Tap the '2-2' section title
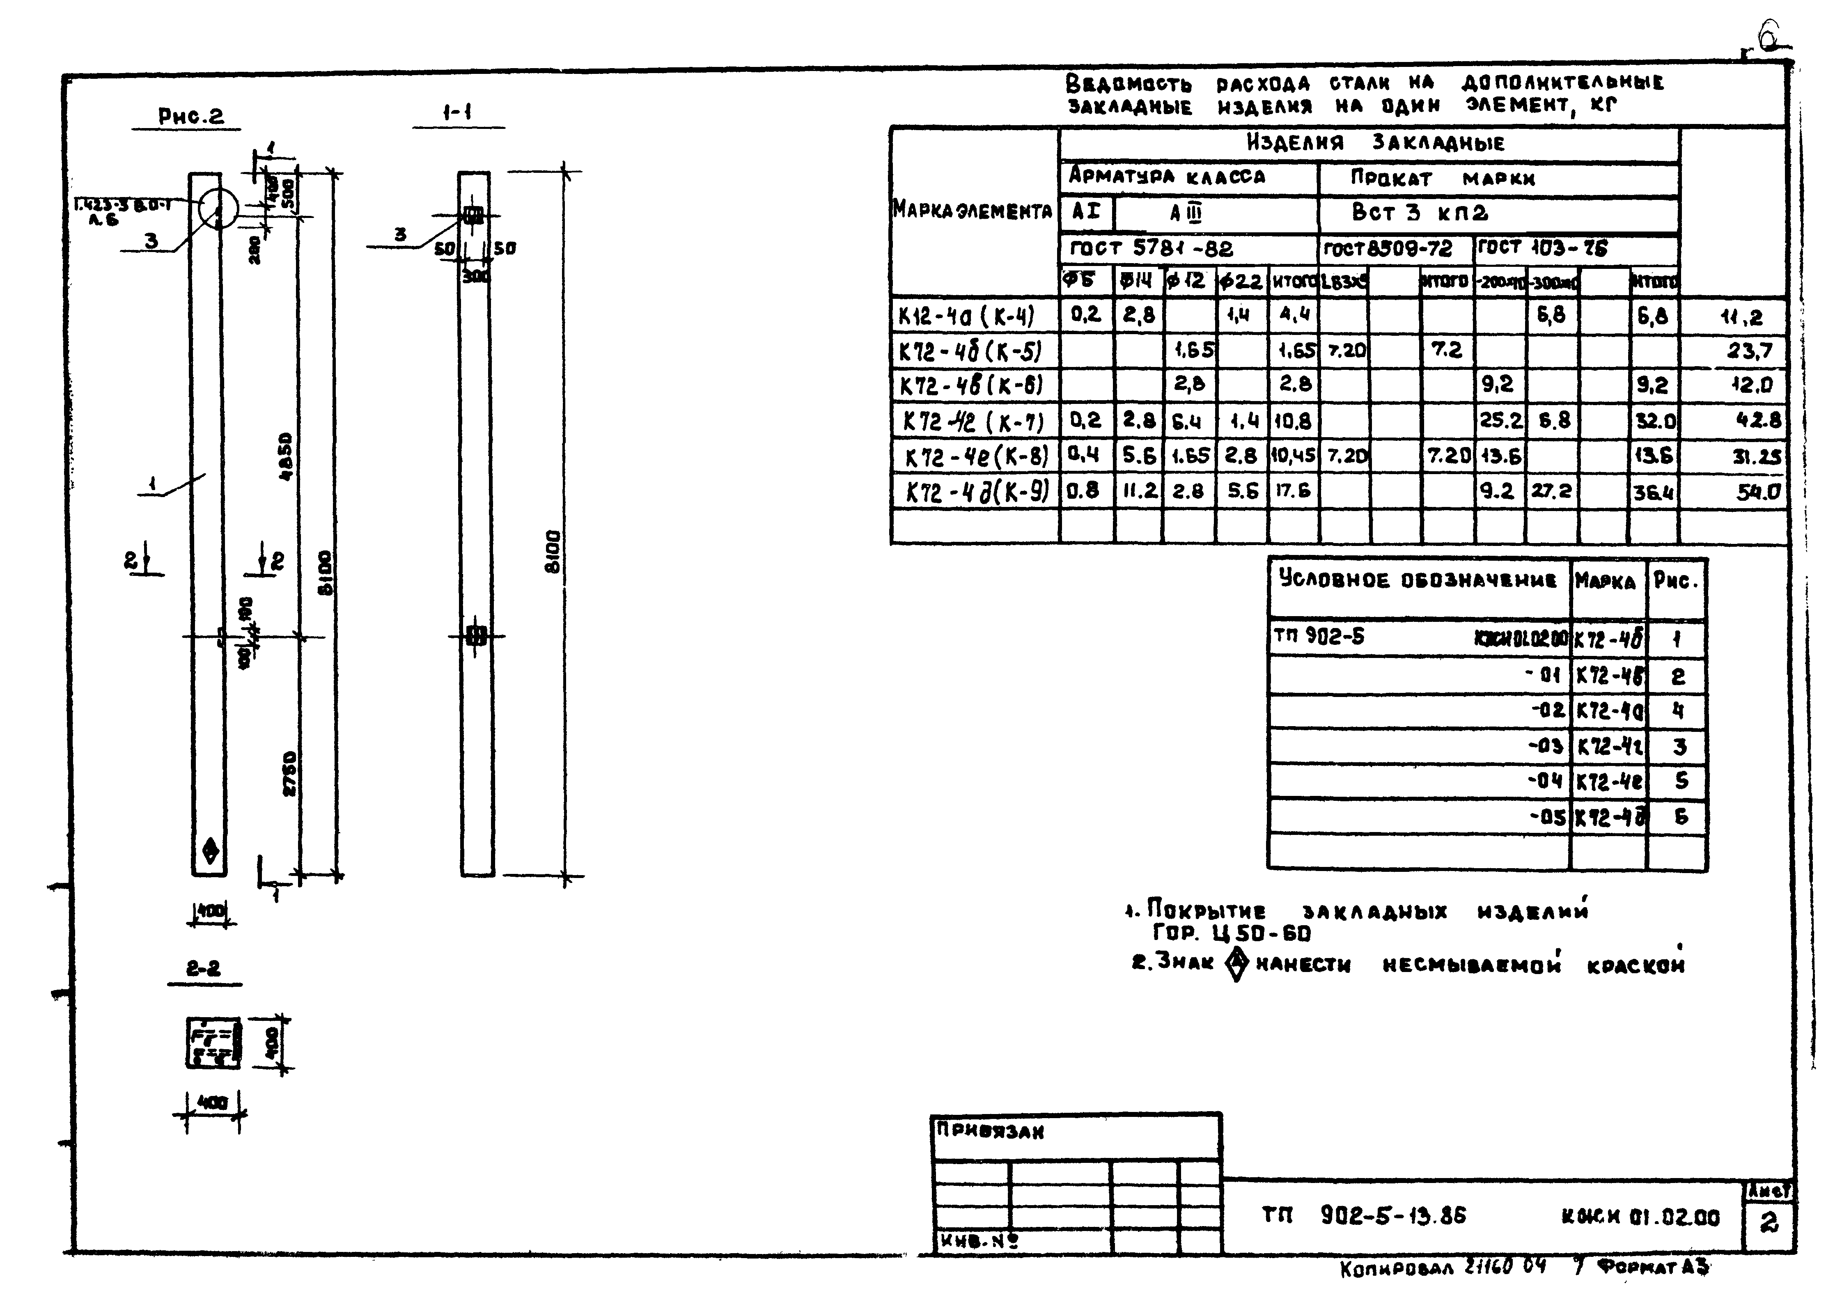point(203,968)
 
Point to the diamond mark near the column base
point(211,850)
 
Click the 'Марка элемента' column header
point(972,211)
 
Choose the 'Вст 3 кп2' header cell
point(1420,213)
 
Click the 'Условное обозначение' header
point(1417,580)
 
